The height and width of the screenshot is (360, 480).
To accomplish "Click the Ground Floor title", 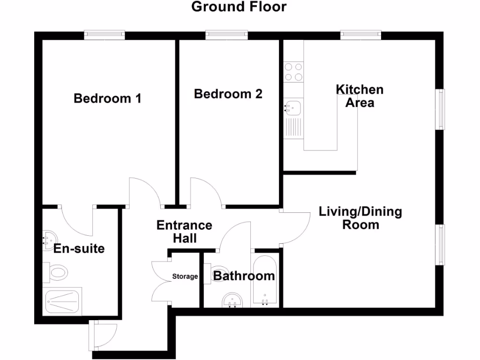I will [239, 7].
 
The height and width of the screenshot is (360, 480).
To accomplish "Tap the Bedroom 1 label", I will [108, 98].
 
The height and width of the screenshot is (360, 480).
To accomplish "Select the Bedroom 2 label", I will [228, 94].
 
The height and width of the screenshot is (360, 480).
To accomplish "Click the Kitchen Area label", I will [360, 96].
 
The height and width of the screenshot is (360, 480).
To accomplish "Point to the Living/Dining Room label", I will [360, 218].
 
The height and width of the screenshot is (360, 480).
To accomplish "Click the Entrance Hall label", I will [184, 232].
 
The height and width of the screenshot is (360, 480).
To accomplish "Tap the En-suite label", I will [79, 248].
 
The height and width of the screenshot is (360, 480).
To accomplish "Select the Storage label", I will [185, 277].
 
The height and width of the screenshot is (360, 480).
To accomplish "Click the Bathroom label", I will [244, 276].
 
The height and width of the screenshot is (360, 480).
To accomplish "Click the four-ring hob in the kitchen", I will [293, 72].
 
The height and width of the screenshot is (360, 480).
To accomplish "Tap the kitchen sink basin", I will [292, 108].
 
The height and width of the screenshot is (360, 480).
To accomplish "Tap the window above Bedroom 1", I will [105, 35].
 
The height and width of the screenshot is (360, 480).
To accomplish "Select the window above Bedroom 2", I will [226, 35].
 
